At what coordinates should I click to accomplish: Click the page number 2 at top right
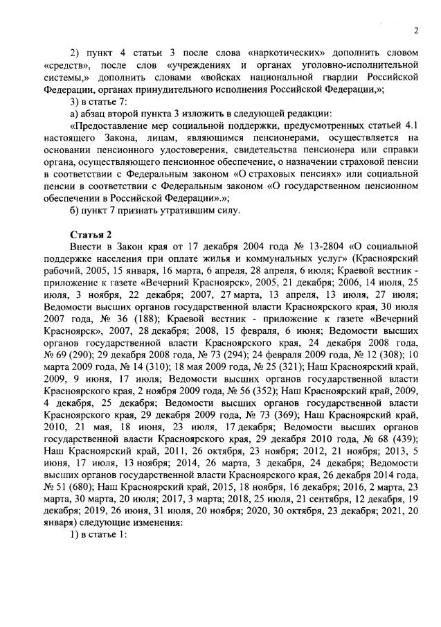tap(416, 30)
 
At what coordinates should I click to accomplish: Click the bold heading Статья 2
tap(89, 233)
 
